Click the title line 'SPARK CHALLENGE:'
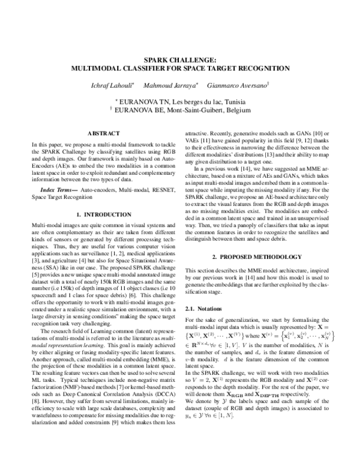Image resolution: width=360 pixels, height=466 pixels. coord(180,59)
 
